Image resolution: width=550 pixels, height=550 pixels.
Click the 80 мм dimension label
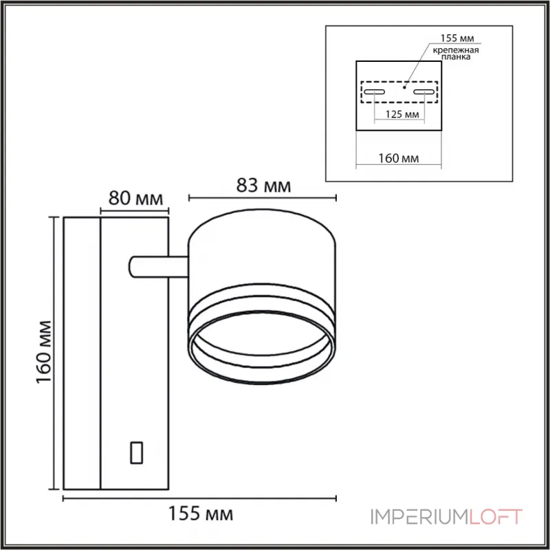coord(135,200)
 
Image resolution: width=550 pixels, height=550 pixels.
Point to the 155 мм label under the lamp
coord(201,514)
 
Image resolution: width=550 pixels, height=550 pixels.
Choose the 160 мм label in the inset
coord(399,159)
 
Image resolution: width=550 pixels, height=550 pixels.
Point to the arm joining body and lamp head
coord(157,267)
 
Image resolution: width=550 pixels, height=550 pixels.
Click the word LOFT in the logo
coord(496,516)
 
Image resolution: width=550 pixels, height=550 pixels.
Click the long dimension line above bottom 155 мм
coord(201,498)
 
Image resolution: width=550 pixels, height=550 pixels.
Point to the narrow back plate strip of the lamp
coord(82,353)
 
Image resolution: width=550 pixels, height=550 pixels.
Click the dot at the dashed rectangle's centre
coord(406,87)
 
